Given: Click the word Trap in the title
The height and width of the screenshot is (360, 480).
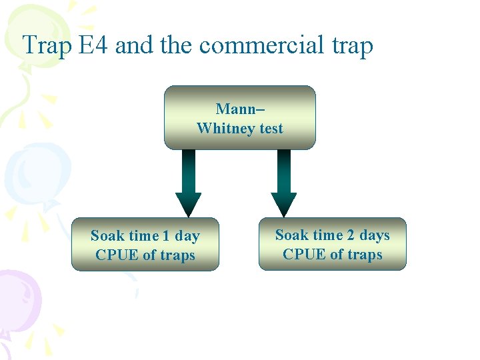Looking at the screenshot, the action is pos(47,46).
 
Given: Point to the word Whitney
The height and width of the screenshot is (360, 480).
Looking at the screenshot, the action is pos(226,128).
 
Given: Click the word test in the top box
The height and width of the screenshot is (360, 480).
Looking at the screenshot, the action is pos(271,128).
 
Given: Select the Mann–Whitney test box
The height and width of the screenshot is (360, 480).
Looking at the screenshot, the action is pos(239,117).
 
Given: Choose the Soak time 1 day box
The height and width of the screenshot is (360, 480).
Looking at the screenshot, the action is pos(145,245).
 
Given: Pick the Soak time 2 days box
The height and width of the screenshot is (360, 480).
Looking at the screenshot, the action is pos(332,244).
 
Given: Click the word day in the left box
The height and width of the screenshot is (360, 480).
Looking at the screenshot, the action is pos(187,236).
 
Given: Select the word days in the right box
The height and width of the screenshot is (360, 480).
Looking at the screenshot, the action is pos(375,235).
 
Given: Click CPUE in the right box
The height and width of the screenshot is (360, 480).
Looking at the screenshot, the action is pos(299,254).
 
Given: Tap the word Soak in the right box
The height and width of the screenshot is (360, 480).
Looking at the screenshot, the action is pos(291,235).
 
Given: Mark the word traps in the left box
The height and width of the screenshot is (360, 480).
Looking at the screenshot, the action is pos(178,255).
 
